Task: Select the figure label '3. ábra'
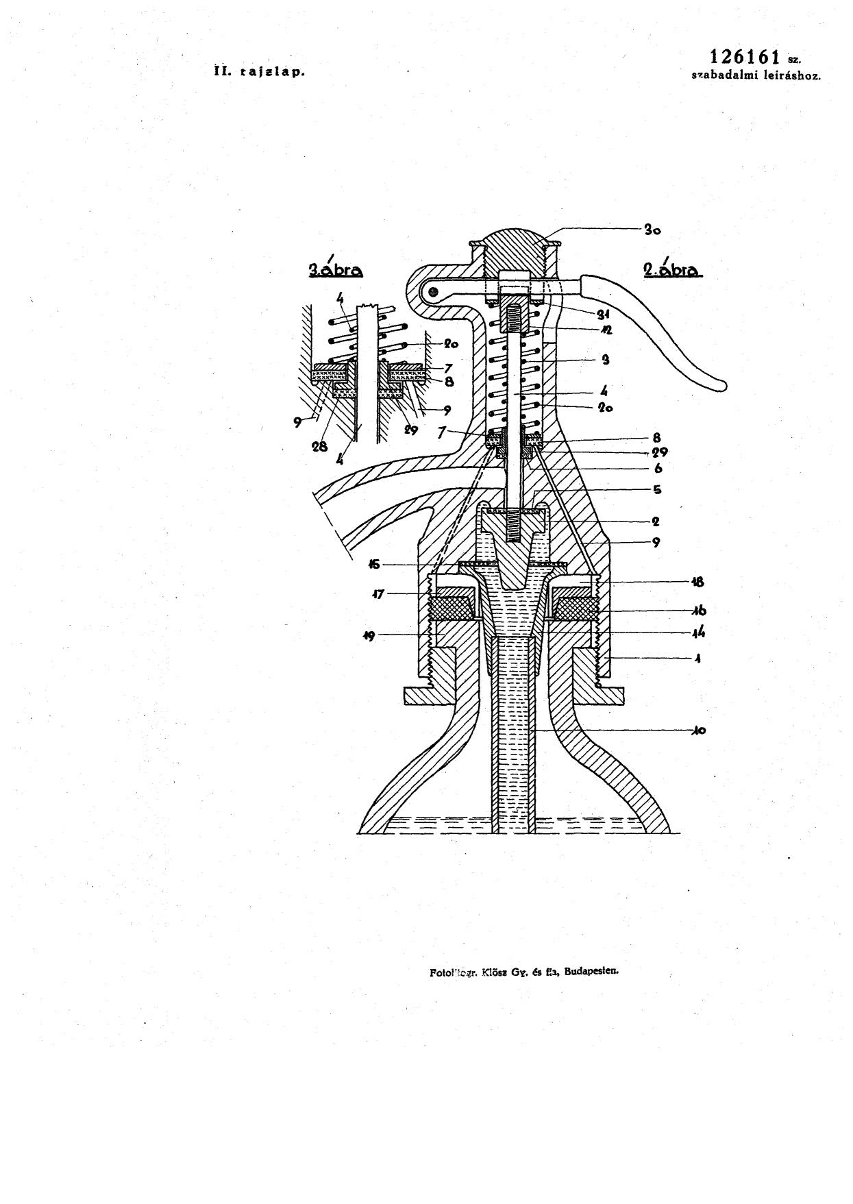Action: coord(335,269)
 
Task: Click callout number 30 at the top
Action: coord(652,230)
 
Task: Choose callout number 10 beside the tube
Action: coord(698,730)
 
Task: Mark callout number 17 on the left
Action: coord(378,594)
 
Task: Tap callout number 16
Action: coord(698,611)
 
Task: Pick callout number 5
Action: coord(656,490)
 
